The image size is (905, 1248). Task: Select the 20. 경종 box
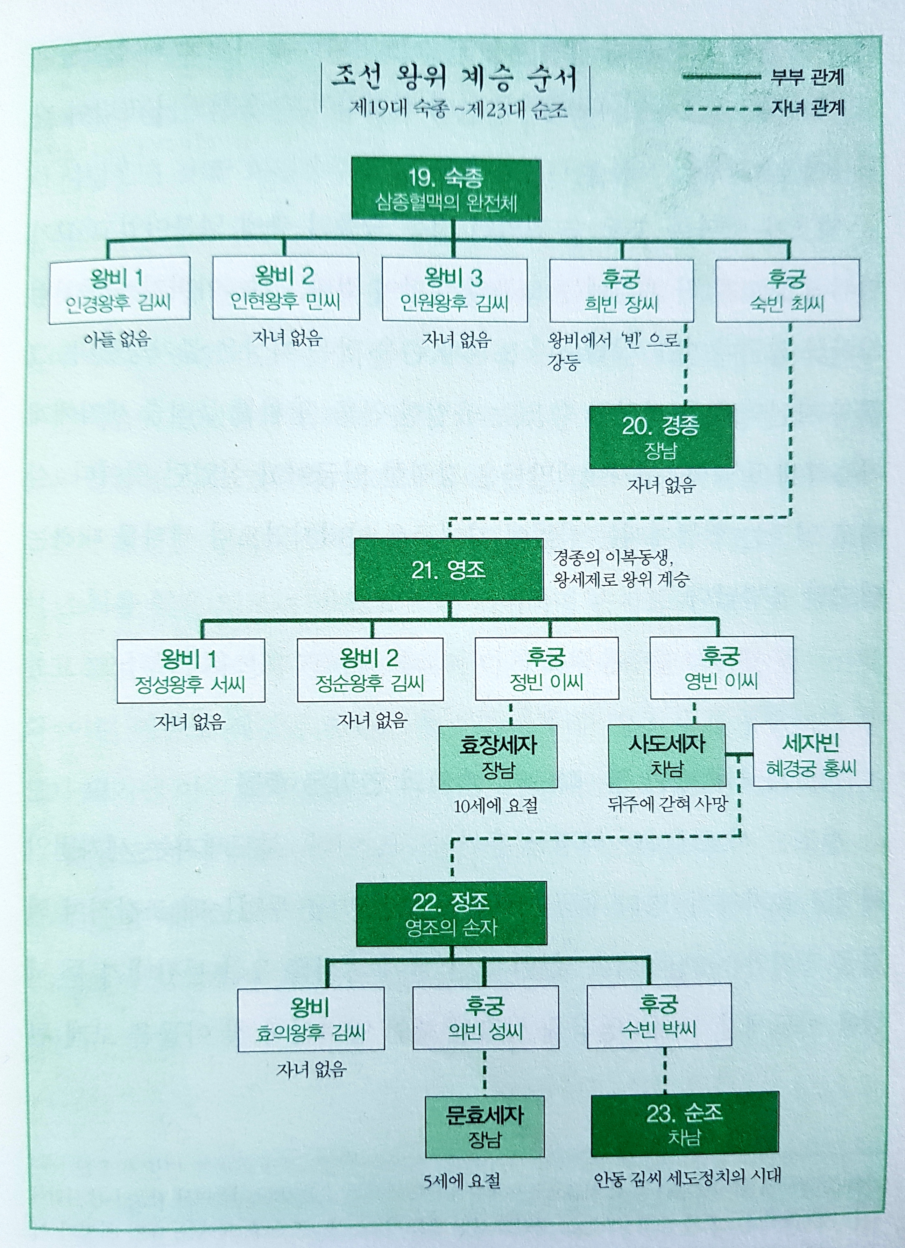(x=661, y=437)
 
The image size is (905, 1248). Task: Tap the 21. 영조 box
(x=448, y=569)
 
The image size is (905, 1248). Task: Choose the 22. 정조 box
(x=451, y=913)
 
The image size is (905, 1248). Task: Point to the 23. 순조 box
(x=684, y=1124)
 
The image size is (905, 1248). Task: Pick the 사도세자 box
(x=667, y=755)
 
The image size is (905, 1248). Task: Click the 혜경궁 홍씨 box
(x=811, y=754)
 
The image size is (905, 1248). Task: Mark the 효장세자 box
(x=498, y=756)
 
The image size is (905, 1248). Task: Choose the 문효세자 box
(x=484, y=1126)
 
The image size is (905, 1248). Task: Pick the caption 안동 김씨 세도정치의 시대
(x=686, y=1178)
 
